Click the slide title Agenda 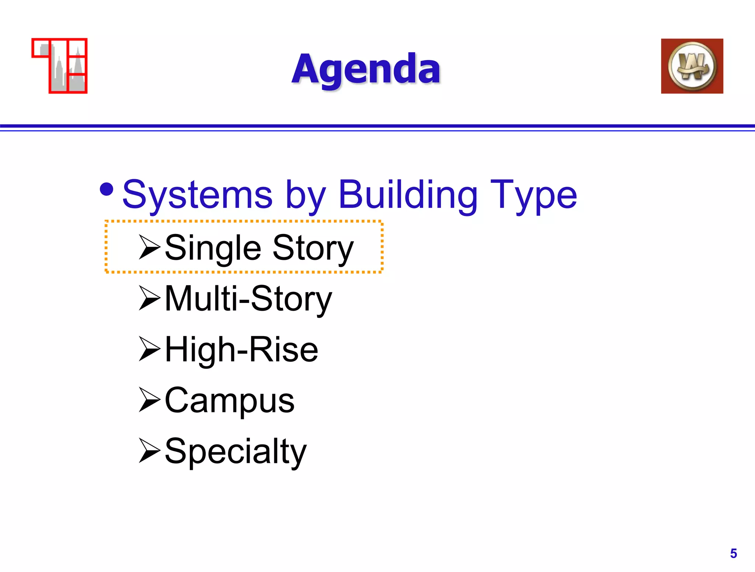366,69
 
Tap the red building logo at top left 60,66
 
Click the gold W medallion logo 692,66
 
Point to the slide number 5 733,554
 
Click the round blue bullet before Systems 107,189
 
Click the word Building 408,195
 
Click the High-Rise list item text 241,350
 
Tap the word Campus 229,401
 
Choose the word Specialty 236,452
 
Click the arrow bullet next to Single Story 149,247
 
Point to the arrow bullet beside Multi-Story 149,298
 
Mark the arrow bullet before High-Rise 149,349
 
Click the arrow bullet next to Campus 149,400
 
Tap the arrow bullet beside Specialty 149,450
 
